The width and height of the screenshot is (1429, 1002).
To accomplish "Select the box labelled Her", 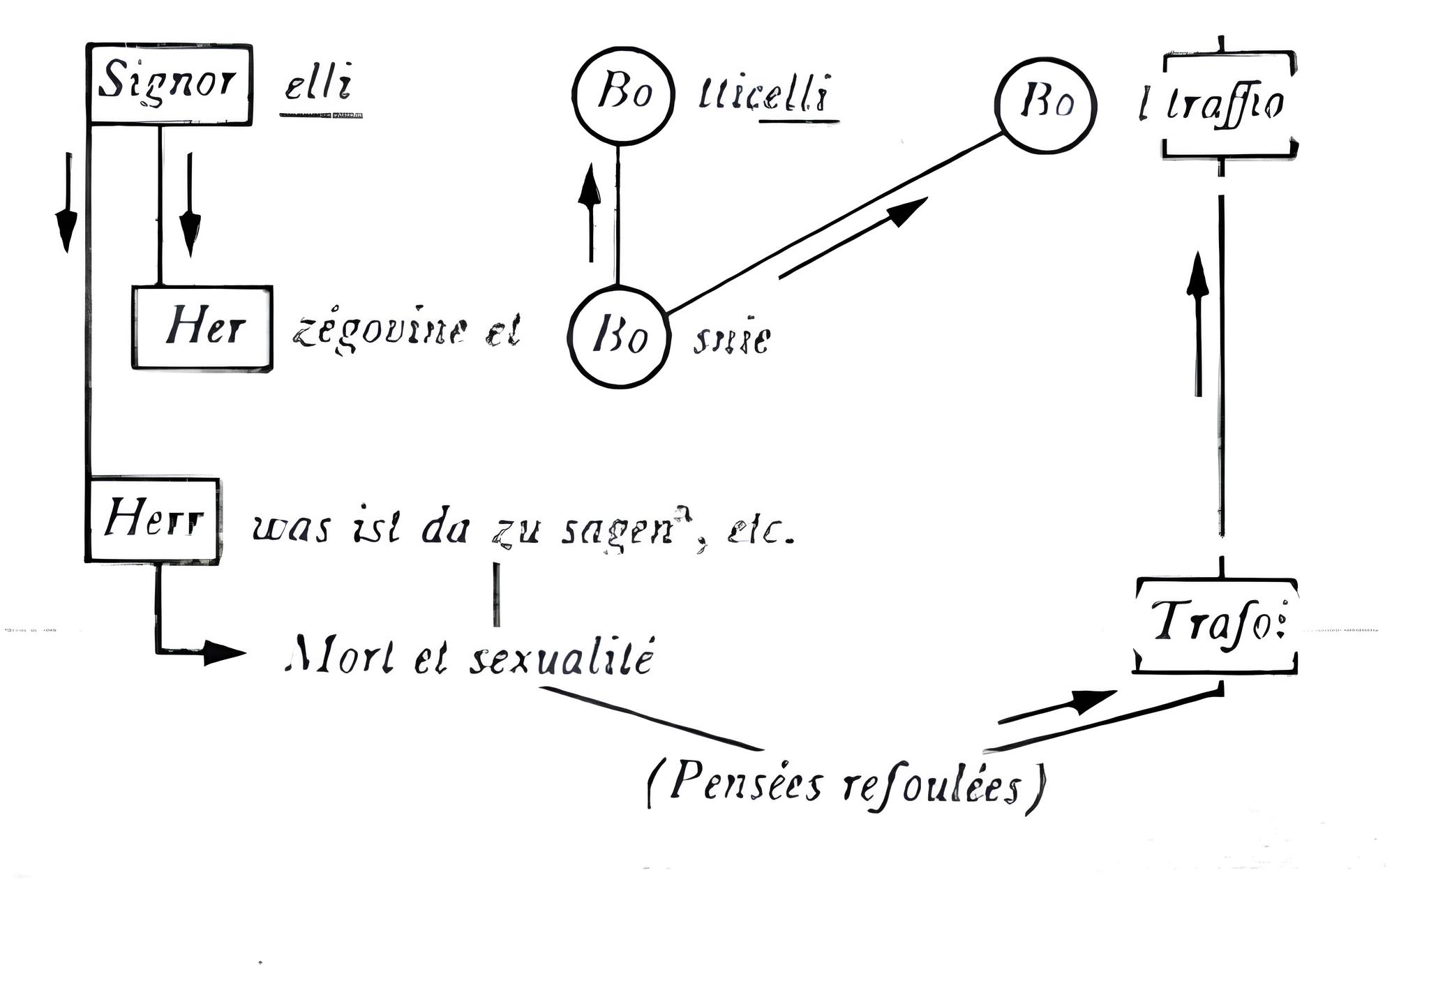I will tap(202, 327).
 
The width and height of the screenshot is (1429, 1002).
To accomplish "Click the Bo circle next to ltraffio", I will tap(1045, 105).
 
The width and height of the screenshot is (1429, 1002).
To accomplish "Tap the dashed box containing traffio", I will tap(1229, 105).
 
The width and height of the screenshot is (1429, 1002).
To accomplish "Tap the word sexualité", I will tap(562, 659).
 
